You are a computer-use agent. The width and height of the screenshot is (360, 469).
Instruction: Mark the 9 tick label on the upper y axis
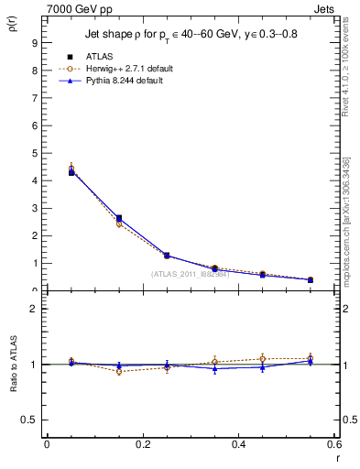[34, 43]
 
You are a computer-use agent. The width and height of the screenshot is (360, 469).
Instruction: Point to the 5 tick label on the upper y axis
[34, 153]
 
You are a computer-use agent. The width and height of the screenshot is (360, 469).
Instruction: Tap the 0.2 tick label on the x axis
[142, 443]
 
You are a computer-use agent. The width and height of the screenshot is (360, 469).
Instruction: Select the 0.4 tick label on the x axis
[238, 443]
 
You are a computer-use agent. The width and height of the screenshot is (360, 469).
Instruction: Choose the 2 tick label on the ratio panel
[34, 309]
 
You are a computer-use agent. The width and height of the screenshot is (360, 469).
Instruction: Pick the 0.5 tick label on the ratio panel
[30, 420]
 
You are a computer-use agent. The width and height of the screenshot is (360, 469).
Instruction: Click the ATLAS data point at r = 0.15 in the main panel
[119, 218]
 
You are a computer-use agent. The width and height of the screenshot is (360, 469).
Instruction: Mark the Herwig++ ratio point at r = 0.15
[119, 371]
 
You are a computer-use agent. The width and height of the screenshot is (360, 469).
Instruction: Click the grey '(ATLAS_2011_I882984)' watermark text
[190, 274]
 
